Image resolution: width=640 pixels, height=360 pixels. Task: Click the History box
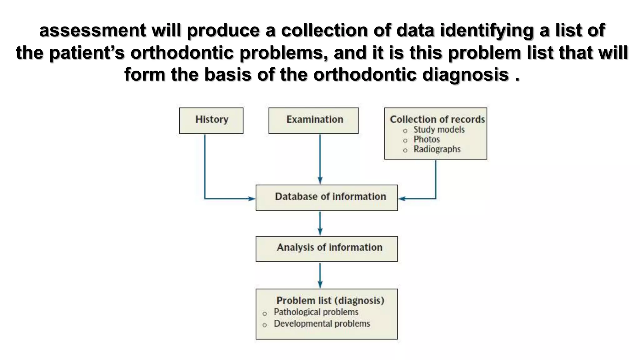[x=211, y=121]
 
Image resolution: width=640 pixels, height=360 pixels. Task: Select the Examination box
[x=313, y=121]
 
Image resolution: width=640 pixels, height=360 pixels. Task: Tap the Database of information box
[x=327, y=197]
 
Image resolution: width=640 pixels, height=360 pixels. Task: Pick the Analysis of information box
[x=327, y=249]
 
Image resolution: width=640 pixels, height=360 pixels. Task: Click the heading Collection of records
[x=437, y=119]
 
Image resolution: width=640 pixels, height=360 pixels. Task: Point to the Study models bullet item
[x=439, y=130]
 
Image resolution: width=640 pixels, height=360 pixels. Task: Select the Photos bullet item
[x=427, y=139]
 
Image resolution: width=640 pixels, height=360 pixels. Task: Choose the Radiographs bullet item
[x=437, y=149]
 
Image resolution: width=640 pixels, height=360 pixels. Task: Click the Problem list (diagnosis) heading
[x=330, y=300]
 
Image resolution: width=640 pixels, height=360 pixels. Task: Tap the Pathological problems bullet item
[x=316, y=312]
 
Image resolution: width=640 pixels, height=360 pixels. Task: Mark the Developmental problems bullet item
[x=322, y=323]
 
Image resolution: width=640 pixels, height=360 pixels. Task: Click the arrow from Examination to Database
[x=320, y=159]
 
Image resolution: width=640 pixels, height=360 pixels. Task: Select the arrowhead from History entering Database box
[x=252, y=198]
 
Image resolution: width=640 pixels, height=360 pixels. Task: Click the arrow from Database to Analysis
[x=320, y=223]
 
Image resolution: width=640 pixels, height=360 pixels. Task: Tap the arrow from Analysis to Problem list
[x=320, y=275]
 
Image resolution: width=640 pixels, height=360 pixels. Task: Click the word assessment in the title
[x=92, y=30]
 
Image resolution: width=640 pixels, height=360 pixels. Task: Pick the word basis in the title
[x=228, y=75]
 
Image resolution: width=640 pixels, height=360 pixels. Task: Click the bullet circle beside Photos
[x=405, y=140]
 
